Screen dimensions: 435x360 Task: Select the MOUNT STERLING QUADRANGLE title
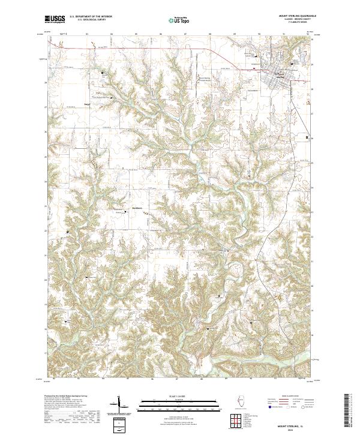click(290, 16)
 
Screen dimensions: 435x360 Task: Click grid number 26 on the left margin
click(44, 131)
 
